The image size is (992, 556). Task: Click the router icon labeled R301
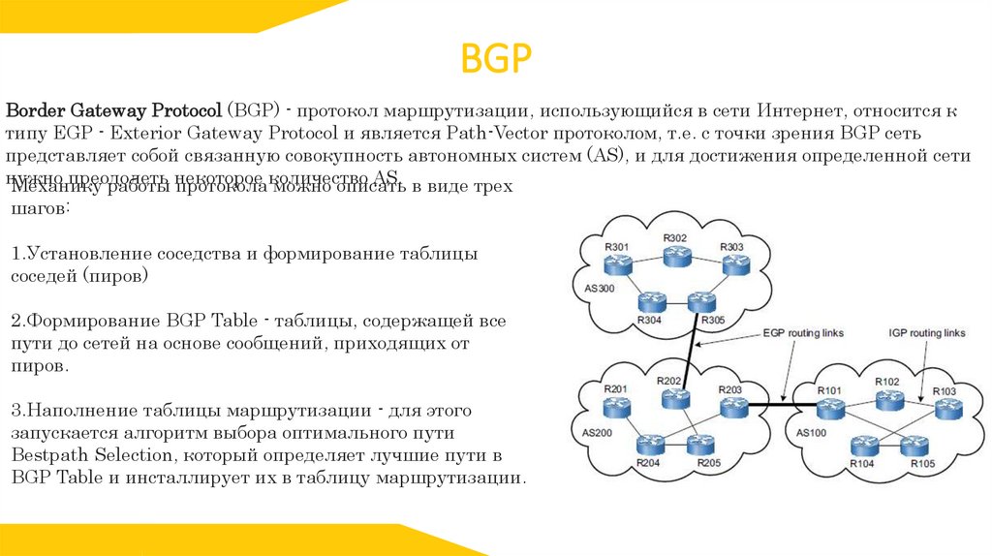(x=617, y=263)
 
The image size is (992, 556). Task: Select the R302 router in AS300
(x=675, y=253)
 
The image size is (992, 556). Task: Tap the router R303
(x=732, y=263)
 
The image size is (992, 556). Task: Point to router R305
(x=700, y=303)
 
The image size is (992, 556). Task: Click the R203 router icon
(x=730, y=406)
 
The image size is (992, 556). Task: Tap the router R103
(x=945, y=407)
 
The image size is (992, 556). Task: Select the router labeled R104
(x=862, y=447)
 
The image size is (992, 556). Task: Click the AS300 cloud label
(x=599, y=289)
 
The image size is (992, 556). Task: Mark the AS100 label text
(x=811, y=433)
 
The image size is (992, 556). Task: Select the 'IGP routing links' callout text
(x=927, y=332)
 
